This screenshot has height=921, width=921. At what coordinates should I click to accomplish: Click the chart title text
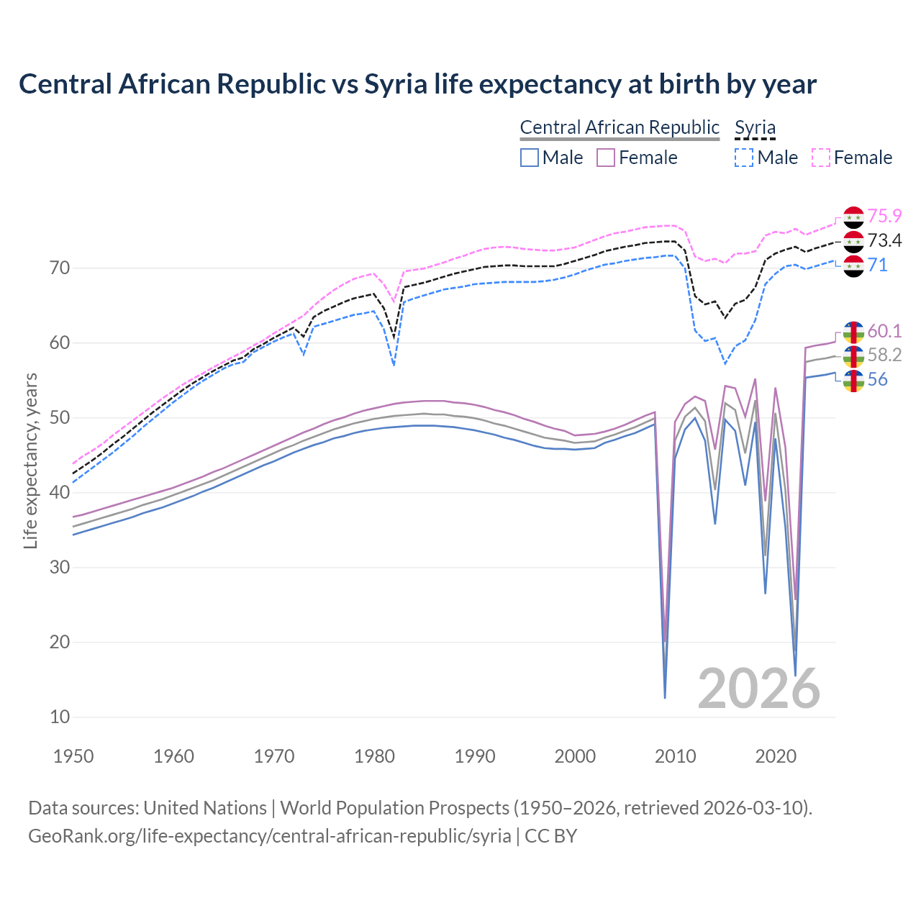(x=417, y=84)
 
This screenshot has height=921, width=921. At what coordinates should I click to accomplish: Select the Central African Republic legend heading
(x=620, y=127)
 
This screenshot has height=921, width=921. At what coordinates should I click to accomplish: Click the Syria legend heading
(x=755, y=127)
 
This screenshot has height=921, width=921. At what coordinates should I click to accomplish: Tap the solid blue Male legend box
(x=530, y=158)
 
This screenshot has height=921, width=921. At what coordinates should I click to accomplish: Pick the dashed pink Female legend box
(x=821, y=158)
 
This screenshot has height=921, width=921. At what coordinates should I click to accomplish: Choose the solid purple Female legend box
(x=606, y=158)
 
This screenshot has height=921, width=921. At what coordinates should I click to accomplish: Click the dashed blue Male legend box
(x=744, y=158)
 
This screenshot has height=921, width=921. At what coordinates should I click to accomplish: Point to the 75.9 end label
(x=884, y=216)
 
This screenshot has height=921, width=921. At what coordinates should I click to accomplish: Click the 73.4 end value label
(x=884, y=240)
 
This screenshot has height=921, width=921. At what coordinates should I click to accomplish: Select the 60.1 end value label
(x=884, y=331)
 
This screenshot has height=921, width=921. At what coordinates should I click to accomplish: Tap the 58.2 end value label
(x=884, y=355)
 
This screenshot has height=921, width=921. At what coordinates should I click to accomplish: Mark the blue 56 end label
(x=877, y=379)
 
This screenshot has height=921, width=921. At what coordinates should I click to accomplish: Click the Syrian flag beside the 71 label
(x=853, y=266)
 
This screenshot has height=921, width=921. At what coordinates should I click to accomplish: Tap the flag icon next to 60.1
(x=853, y=332)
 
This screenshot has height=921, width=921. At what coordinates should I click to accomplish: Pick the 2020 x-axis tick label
(x=776, y=756)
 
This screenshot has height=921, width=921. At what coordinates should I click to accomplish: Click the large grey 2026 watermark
(x=759, y=689)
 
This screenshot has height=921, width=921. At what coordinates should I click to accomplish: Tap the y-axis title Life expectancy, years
(x=30, y=460)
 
